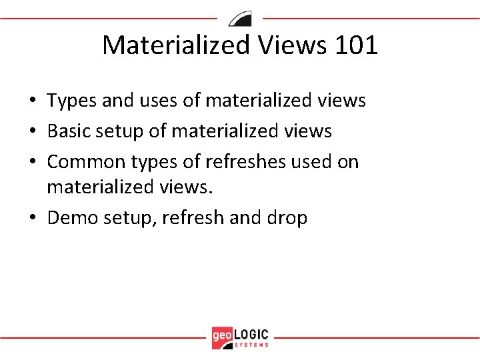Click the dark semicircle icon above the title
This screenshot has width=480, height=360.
tap(240, 18)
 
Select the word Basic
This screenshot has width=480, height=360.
tap(70, 131)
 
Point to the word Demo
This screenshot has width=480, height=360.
tap(73, 217)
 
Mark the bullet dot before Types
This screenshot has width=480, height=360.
tap(32, 101)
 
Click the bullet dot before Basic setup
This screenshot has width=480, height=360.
tap(32, 132)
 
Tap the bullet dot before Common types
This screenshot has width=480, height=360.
tap(32, 163)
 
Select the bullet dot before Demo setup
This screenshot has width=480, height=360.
tap(32, 218)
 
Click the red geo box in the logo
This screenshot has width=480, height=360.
tap(222, 336)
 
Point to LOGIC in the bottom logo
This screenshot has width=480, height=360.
tap(252, 333)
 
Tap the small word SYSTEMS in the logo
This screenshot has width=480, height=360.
tap(252, 345)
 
